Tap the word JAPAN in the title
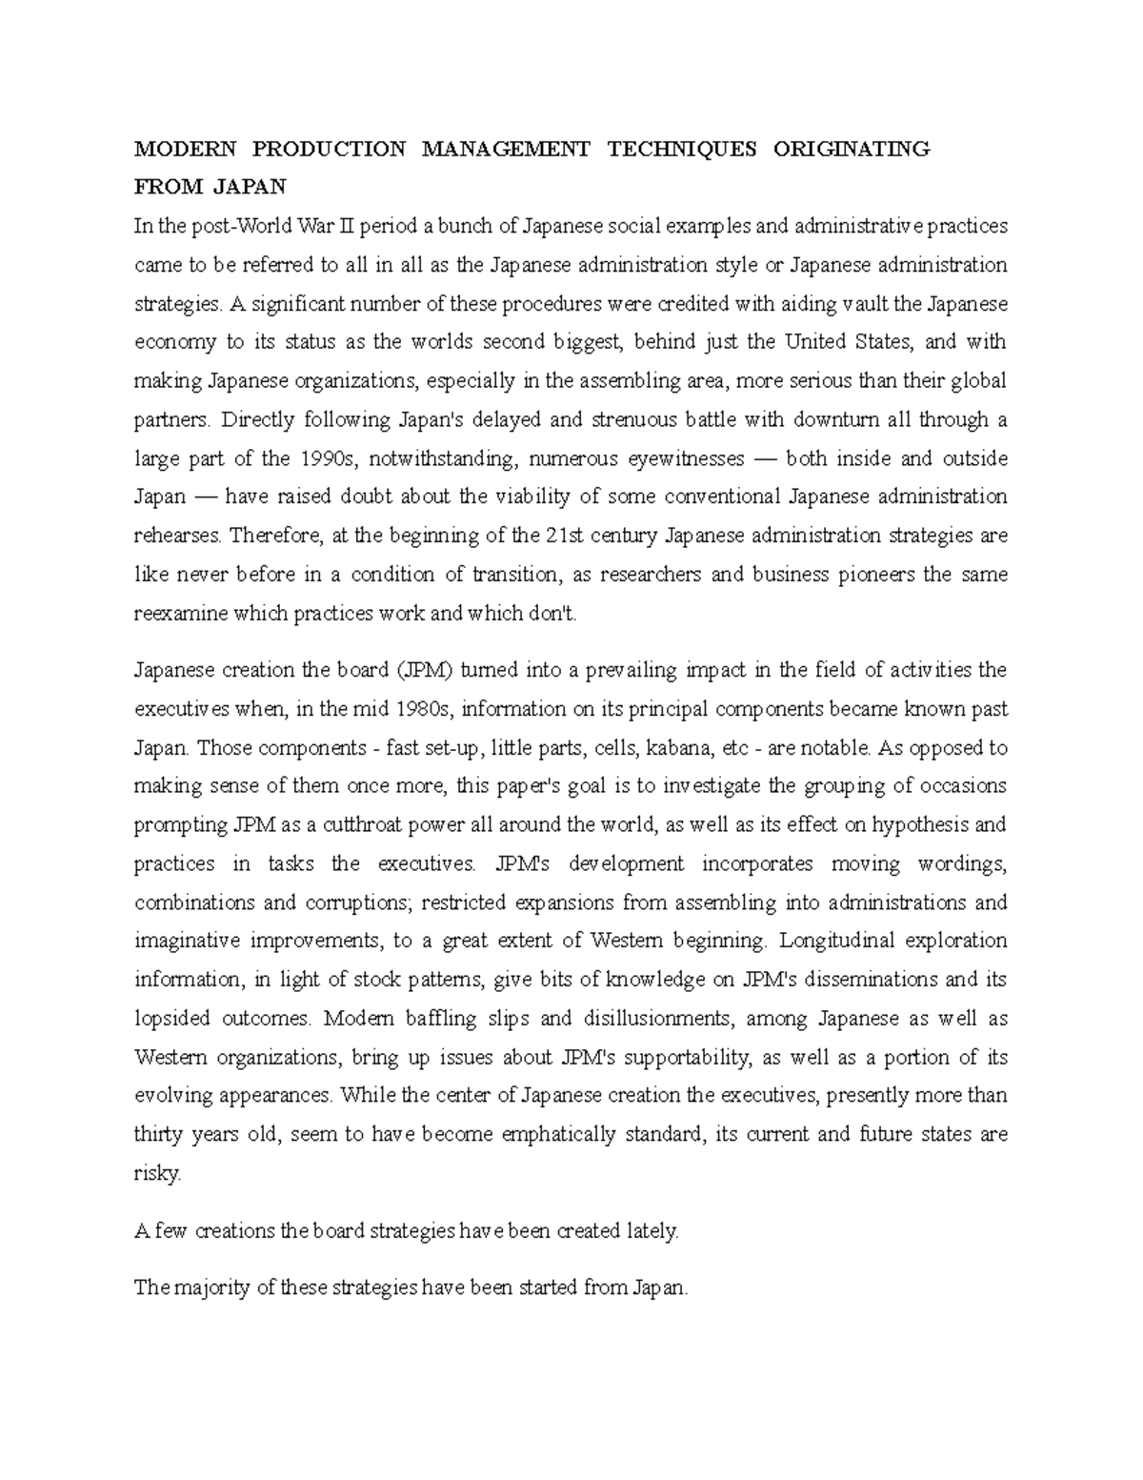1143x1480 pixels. (x=249, y=187)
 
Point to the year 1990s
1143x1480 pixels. (x=326, y=458)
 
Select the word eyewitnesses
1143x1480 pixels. (x=684, y=458)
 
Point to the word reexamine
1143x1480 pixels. (x=180, y=614)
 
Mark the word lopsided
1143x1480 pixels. (x=172, y=1019)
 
